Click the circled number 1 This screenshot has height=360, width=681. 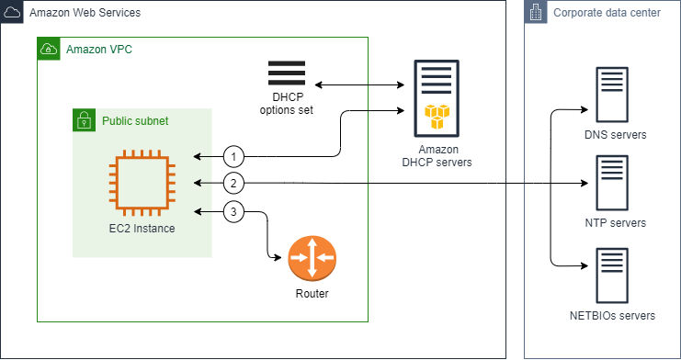tap(235, 155)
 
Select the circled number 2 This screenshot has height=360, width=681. tap(235, 184)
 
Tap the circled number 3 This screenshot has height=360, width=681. tap(235, 212)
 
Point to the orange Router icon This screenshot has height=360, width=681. tap(312, 260)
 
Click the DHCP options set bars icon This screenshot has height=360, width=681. tap(287, 73)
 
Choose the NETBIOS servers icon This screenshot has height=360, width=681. tap(615, 274)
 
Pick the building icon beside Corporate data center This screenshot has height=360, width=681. tap(536, 12)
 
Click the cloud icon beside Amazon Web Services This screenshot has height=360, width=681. tap(12, 12)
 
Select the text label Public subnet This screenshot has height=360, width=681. tap(135, 120)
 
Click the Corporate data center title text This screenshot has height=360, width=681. tap(607, 13)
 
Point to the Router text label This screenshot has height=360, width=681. tap(312, 295)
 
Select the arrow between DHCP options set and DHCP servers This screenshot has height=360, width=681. tap(359, 84)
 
